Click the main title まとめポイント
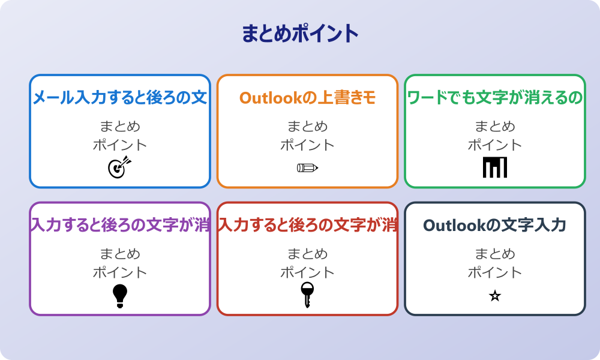click(300, 34)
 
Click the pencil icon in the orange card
click(307, 167)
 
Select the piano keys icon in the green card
click(495, 167)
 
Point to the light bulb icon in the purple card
click(120, 295)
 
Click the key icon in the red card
click(307, 294)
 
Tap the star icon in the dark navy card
click(495, 296)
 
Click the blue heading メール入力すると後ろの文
click(120, 98)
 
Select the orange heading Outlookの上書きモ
click(307, 98)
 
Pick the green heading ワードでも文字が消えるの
click(495, 98)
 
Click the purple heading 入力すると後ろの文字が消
click(120, 226)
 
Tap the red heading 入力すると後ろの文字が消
click(307, 226)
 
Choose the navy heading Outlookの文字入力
click(495, 226)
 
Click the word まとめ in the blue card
click(120, 127)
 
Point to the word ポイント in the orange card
click(307, 145)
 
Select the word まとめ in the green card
click(495, 127)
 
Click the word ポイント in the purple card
click(120, 272)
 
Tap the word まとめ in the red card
click(307, 254)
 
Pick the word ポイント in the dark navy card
click(495, 272)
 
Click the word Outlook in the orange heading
click(268, 98)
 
